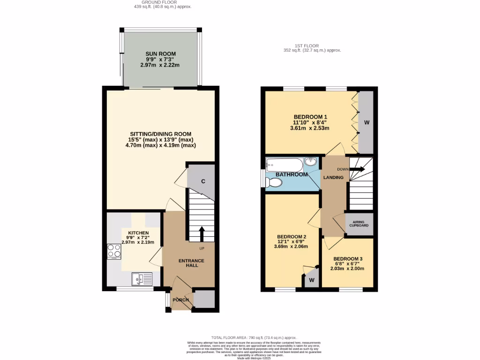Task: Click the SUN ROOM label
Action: tap(159, 54)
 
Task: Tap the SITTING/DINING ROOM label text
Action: tap(160, 134)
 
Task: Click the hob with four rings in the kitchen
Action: tap(114, 252)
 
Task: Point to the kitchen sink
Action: tap(142, 279)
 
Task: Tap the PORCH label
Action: tap(181, 300)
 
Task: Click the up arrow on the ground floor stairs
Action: tap(202, 232)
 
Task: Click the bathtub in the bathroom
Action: tap(284, 165)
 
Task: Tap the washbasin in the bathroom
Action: tap(311, 162)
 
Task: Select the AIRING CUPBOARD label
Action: tap(359, 224)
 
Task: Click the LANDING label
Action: tap(334, 177)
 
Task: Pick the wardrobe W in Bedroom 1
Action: tap(366, 122)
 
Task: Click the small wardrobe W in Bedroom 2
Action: tap(311, 280)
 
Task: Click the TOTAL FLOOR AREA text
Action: tap(254, 337)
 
